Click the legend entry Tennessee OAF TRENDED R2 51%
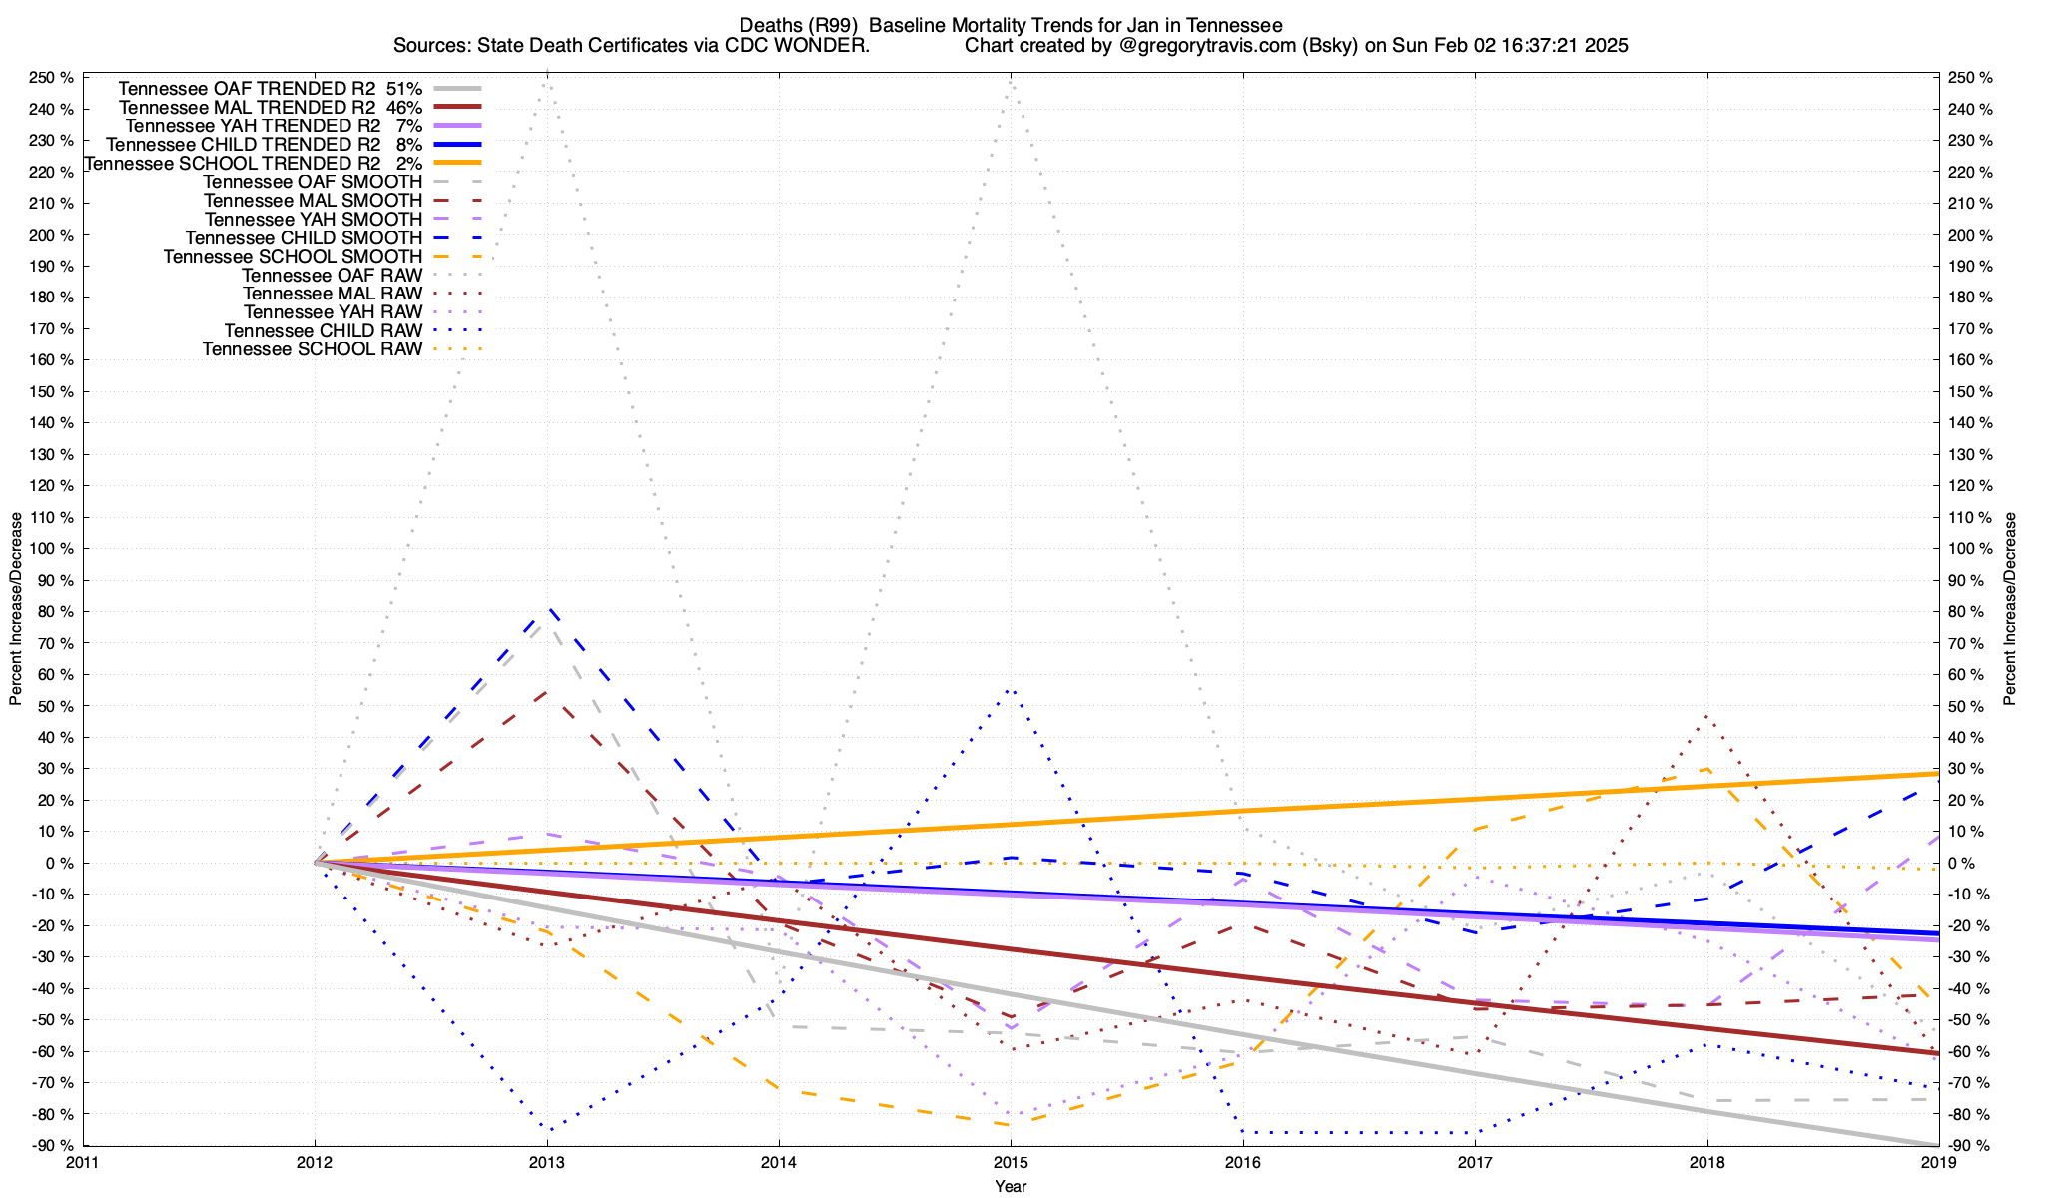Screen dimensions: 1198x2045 click(x=270, y=88)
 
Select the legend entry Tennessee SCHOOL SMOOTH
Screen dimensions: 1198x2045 click(x=293, y=257)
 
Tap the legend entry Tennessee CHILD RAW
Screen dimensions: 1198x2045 click(x=323, y=331)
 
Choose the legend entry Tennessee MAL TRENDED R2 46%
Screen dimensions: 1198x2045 click(x=270, y=107)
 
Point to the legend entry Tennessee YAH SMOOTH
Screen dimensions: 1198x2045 click(x=314, y=219)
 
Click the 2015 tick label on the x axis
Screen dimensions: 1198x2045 click(x=1011, y=1162)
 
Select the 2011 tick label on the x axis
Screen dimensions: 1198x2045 click(x=83, y=1162)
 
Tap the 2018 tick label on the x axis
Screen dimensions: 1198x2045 click(x=1706, y=1162)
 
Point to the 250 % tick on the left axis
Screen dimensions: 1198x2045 click(x=51, y=78)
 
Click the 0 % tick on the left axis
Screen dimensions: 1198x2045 click(x=58, y=863)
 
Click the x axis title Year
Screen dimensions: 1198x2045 click(x=1011, y=1186)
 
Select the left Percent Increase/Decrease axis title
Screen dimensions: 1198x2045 click(x=16, y=609)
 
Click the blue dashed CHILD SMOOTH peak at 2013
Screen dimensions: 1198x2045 click(x=548, y=607)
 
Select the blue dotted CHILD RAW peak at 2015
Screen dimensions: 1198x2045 click(x=1011, y=689)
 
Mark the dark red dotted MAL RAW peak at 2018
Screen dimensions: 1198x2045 click(x=1706, y=715)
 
